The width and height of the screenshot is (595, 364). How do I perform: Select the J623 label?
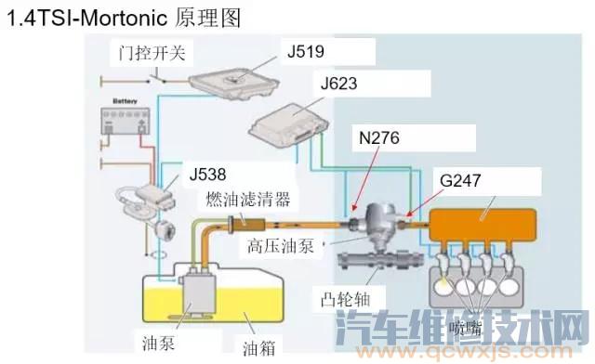(339, 84)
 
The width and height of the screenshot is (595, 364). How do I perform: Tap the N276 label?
(379, 137)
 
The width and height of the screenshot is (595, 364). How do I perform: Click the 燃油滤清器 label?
(248, 199)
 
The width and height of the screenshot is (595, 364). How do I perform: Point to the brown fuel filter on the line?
(246, 221)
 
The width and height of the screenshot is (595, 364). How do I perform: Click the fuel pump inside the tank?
(198, 292)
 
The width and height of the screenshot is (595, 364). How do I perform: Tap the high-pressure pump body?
(379, 227)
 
